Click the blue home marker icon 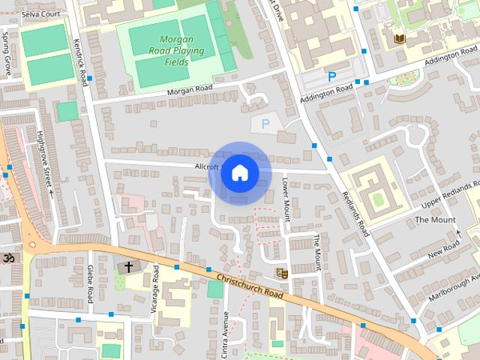coord(239,173)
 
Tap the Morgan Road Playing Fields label coord(175,50)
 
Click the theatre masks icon coord(283,273)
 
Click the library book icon coord(399,37)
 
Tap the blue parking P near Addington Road coord(331,76)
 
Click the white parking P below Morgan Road coord(263,124)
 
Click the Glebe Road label coord(90,280)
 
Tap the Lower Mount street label coord(286,198)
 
